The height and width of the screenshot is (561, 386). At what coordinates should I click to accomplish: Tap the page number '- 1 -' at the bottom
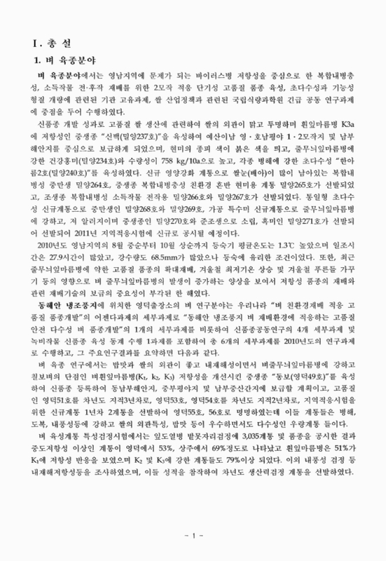tap(193, 536)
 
